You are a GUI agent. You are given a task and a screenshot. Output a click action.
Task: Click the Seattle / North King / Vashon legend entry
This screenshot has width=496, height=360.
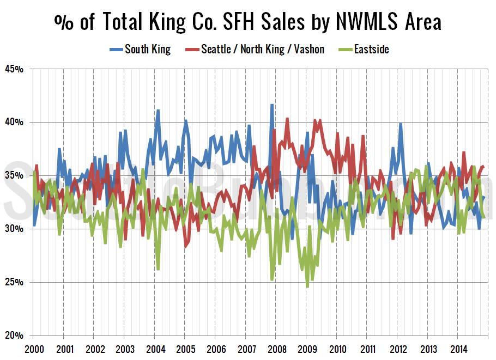point(262,50)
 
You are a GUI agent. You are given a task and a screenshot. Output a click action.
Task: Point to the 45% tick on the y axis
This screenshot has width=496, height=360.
point(15,69)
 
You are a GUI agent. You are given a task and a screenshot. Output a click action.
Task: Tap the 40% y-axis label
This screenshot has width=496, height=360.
point(15,123)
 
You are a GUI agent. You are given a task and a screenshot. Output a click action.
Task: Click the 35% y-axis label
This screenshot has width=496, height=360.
point(15,176)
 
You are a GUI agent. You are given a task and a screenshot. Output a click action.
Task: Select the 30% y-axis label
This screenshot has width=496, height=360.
point(15,229)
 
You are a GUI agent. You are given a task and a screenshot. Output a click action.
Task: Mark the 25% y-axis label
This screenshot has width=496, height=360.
point(15,283)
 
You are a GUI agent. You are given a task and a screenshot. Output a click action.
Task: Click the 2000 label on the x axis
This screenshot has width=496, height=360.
point(34,347)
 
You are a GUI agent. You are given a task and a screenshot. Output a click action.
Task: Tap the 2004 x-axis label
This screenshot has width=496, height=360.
point(155,347)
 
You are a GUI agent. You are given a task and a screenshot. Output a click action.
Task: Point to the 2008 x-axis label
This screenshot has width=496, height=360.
point(276,347)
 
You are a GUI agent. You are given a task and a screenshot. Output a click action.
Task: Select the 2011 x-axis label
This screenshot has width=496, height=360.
point(367,347)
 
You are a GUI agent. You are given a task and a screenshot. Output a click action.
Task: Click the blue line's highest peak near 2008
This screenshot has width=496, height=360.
point(271,105)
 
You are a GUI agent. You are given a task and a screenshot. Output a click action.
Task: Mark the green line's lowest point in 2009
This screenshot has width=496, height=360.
point(307,287)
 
